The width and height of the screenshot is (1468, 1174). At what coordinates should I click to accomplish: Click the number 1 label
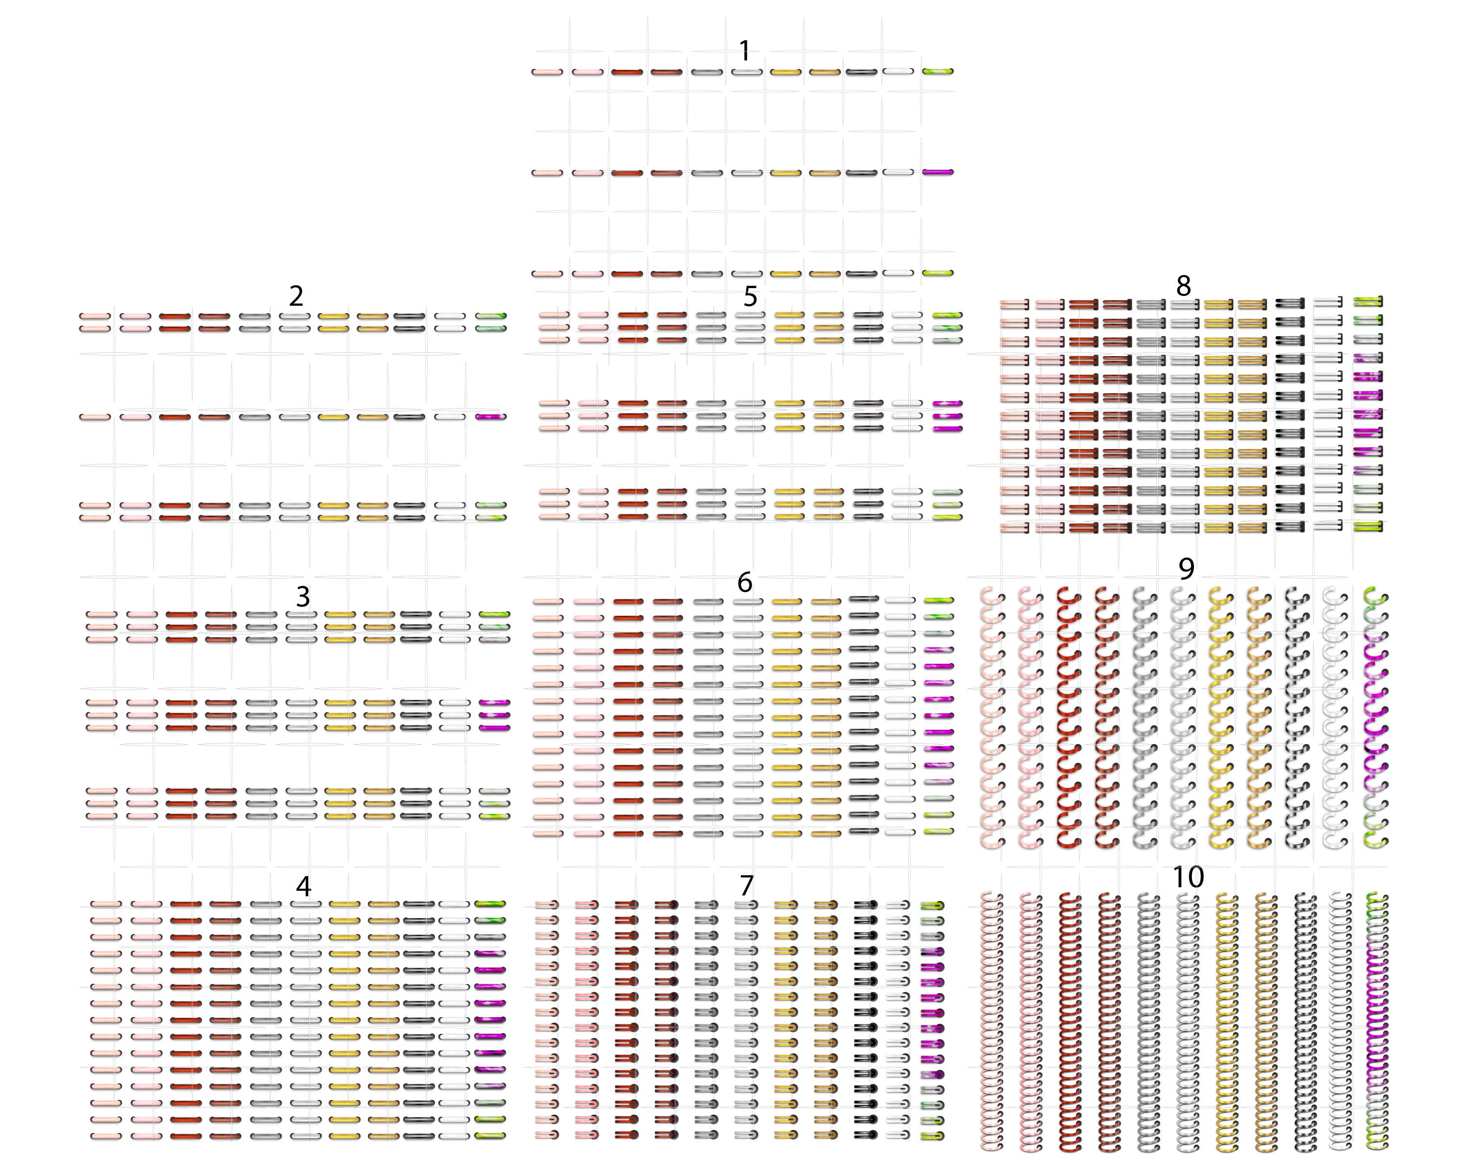[744, 50]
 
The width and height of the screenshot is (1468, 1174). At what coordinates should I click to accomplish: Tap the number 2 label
[296, 296]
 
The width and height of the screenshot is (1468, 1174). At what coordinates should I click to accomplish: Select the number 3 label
[303, 597]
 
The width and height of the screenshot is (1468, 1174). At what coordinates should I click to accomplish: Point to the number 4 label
[304, 886]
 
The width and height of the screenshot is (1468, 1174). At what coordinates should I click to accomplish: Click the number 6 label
[745, 582]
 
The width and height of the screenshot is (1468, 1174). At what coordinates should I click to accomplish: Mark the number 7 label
[747, 885]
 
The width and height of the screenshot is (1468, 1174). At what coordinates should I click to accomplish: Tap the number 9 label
[1186, 569]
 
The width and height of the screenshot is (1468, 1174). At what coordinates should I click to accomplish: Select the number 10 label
[1188, 877]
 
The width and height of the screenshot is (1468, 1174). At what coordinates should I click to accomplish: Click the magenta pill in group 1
[938, 172]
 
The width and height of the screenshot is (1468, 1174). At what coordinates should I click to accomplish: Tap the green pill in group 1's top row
[938, 71]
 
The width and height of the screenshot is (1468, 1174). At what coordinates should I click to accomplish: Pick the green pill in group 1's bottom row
[938, 273]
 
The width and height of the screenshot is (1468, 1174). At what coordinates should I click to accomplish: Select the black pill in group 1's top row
[861, 71]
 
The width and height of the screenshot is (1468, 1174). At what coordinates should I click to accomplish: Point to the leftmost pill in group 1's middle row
[548, 173]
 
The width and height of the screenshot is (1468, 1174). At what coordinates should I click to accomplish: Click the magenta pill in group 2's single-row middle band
[491, 416]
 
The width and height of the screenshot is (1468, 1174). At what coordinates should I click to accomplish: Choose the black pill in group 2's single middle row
[409, 416]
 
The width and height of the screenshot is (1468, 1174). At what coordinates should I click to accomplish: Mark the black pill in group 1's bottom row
[861, 273]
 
